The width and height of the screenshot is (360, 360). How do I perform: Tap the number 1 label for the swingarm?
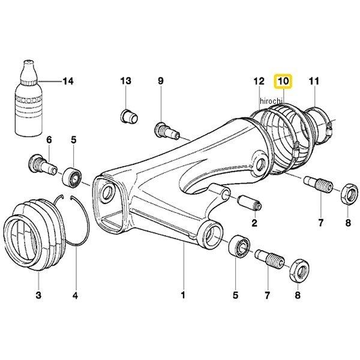pos(184,295)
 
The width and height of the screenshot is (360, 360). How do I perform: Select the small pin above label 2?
pos(248,202)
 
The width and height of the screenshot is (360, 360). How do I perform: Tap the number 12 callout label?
pos(259,80)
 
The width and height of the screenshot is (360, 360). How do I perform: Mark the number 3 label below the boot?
pos(38,295)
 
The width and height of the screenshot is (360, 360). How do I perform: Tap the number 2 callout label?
pos(254,224)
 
